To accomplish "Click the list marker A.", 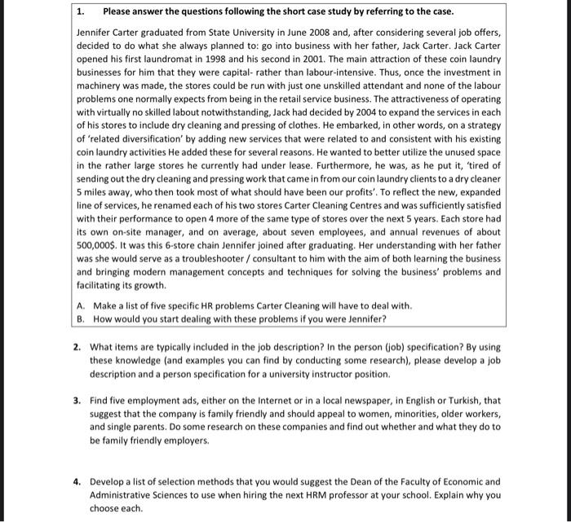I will [81, 305].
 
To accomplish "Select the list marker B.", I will [81, 318].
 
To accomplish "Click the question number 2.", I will [76, 345].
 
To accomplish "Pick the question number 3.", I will [76, 401].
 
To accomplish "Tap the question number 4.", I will [76, 481].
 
